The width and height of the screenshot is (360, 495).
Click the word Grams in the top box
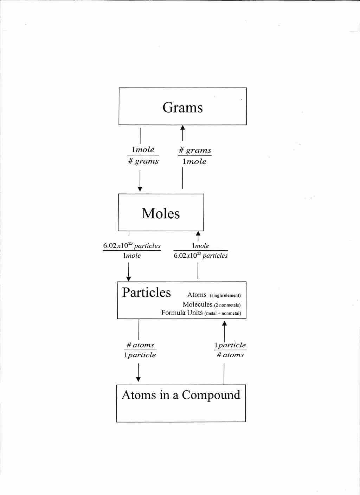[x=182, y=107]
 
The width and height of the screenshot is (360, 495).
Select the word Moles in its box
[x=161, y=213]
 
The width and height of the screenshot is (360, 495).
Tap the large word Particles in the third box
[x=147, y=292]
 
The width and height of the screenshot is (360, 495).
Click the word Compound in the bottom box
[x=211, y=395]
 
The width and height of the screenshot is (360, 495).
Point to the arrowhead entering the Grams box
[x=182, y=128]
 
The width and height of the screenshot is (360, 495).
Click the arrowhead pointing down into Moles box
[x=140, y=189]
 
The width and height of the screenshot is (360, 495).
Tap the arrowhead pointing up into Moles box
[x=198, y=233]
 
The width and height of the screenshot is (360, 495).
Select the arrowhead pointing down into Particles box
[x=129, y=278]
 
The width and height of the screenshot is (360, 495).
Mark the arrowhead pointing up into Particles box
[x=224, y=323]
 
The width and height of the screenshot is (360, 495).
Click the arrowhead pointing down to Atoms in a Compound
[x=138, y=379]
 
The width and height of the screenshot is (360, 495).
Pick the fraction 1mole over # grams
[x=143, y=155]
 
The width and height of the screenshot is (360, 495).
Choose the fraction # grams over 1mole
[x=195, y=156]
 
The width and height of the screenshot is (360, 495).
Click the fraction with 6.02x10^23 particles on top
[x=132, y=250]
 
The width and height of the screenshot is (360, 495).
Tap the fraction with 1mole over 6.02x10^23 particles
[x=200, y=250]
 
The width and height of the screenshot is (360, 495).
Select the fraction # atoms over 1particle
[x=140, y=350]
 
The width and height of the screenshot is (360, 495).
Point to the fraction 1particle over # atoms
[x=230, y=350]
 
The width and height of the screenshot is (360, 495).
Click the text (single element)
[x=225, y=295]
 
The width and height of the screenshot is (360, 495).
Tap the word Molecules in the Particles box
[x=197, y=304]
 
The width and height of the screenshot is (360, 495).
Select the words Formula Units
[x=182, y=313]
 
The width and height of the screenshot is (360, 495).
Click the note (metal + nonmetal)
[x=223, y=313]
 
